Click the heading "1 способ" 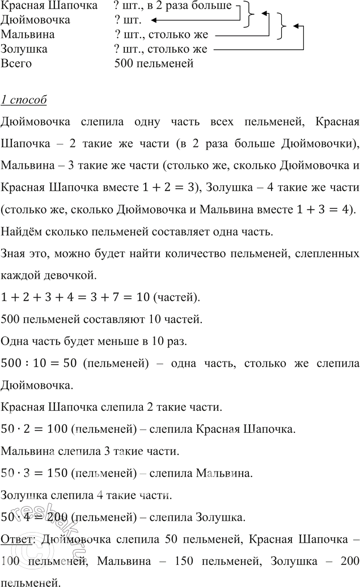coord(24,101)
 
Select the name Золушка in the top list coord(24,49)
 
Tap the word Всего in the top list coord(16,63)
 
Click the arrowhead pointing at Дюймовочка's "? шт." coord(146,21)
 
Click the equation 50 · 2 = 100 coord(35,429)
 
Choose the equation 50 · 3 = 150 coord(35,472)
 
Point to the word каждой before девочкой coord(21,275)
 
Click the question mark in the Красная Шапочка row coord(116,6)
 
